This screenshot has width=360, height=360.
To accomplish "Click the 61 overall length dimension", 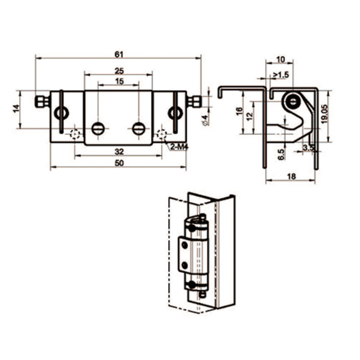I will tap(118, 54).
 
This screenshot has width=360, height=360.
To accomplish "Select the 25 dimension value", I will tap(119, 71).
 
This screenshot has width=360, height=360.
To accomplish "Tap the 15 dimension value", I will tap(119, 81).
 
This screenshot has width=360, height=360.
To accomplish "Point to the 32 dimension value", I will tap(119, 151).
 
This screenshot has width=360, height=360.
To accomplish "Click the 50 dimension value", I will tap(119, 163).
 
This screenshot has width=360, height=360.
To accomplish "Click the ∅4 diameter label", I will tap(205, 120).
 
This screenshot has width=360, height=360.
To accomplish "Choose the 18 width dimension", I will tap(291, 177).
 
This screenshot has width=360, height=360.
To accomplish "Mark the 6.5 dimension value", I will tap(281, 154).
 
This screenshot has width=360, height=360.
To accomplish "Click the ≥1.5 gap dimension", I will tap(281, 74).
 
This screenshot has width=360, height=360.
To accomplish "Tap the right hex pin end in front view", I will tap(194, 101).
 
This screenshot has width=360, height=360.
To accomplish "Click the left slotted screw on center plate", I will tap(98, 128).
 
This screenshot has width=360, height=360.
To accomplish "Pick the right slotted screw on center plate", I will tap(139, 128).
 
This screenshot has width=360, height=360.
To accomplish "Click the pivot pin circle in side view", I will tap(291, 101).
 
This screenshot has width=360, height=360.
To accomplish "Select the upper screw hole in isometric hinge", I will tap(184, 246).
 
